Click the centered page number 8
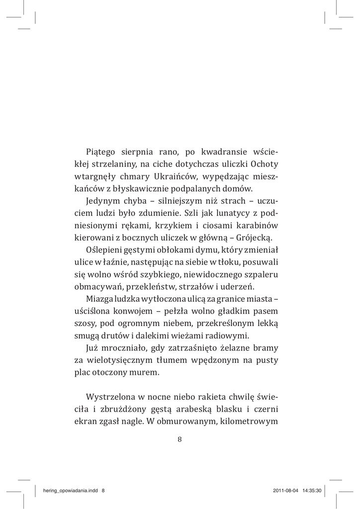tap(180, 439)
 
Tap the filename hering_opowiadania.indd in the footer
tap(72, 490)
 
